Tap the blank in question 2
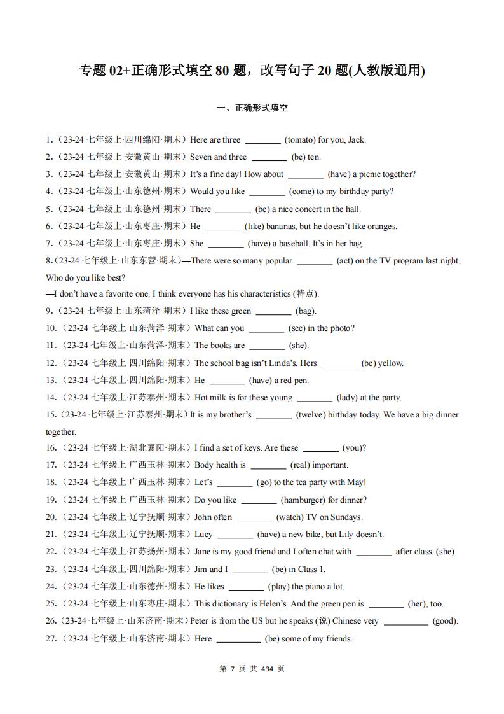pos(269,157)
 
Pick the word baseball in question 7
pos(297,243)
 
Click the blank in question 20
pos(254,517)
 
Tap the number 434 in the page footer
pos(267,669)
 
